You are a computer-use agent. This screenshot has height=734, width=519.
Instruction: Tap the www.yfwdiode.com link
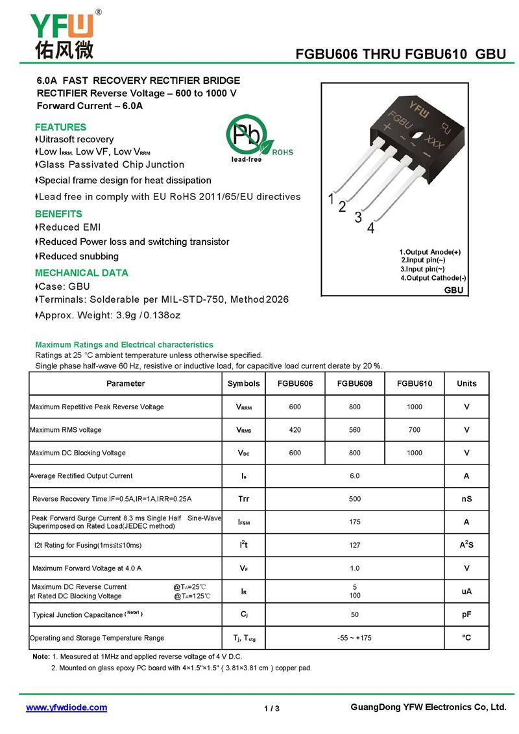point(66,707)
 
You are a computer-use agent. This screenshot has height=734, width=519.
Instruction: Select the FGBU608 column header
point(355,383)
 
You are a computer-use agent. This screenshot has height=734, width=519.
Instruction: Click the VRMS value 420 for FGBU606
point(295,430)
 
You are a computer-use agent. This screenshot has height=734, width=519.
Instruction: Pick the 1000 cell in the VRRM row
point(415,407)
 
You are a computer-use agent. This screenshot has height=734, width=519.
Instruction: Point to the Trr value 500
point(355,499)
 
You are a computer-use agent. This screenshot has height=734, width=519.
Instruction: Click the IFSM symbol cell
point(244,522)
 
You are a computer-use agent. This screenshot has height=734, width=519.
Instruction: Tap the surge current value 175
point(355,522)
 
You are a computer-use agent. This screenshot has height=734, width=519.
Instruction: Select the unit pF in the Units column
point(466,614)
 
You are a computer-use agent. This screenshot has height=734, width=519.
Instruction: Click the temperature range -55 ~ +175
point(355,638)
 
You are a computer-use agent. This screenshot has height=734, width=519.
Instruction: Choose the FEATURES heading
point(60,127)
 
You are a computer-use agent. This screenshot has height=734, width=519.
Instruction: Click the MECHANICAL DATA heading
point(81,273)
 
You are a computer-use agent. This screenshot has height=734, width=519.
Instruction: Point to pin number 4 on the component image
point(371,228)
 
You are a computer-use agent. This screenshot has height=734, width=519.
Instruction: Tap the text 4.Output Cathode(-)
point(433,278)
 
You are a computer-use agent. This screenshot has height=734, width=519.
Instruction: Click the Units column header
point(466,383)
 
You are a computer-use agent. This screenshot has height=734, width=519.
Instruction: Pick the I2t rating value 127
point(355,545)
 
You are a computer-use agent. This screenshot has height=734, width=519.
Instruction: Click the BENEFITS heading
point(58,214)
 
